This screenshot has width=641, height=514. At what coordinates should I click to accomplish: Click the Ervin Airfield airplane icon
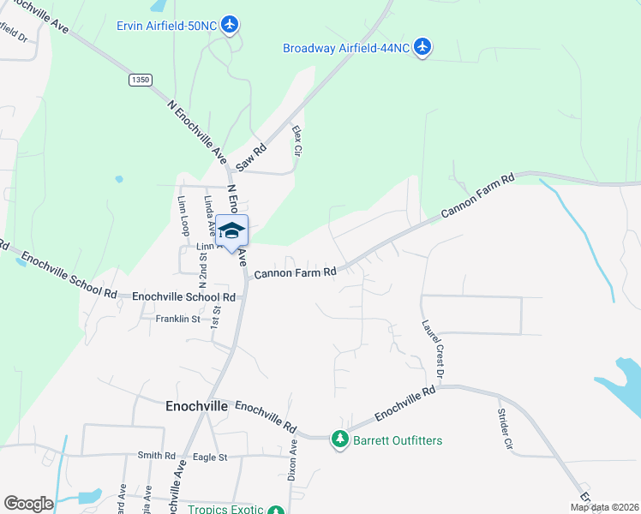click(230, 24)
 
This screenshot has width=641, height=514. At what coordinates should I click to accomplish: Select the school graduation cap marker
click(231, 230)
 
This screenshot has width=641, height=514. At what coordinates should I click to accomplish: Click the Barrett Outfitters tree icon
click(339, 440)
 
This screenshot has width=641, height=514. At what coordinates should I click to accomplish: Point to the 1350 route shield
click(141, 80)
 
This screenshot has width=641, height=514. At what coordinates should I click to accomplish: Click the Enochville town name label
click(196, 407)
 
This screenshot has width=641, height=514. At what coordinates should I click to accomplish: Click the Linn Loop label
click(183, 215)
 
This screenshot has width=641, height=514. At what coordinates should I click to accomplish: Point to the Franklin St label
click(177, 319)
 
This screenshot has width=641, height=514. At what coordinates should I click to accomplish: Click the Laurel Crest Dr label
click(432, 349)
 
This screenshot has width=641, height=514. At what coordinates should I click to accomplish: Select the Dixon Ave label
click(293, 458)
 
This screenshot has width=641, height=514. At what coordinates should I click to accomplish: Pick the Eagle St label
click(210, 457)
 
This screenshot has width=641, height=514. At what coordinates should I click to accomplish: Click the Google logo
click(28, 503)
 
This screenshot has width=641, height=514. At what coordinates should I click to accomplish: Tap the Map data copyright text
click(604, 507)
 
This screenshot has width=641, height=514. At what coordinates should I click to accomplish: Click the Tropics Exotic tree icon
click(275, 511)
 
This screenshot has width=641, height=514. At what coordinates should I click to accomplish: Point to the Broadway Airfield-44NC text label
click(346, 48)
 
